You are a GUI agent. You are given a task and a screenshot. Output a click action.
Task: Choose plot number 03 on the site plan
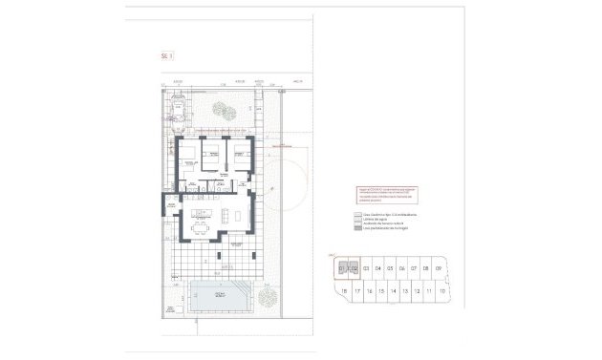tap(366, 269)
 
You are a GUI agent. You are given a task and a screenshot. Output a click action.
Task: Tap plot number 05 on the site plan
tap(390, 269)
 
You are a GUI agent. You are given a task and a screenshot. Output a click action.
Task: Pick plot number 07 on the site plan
tap(414, 269)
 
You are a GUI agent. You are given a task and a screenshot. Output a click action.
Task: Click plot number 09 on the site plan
tap(439, 269)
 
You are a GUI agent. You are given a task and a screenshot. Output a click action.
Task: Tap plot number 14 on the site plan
tap(392, 291)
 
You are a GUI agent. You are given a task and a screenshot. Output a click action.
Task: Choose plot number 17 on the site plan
tap(355, 291)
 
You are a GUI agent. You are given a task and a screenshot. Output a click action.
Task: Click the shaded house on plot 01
tap(342, 268)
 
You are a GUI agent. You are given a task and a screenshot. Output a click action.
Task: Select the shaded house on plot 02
tap(353, 268)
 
